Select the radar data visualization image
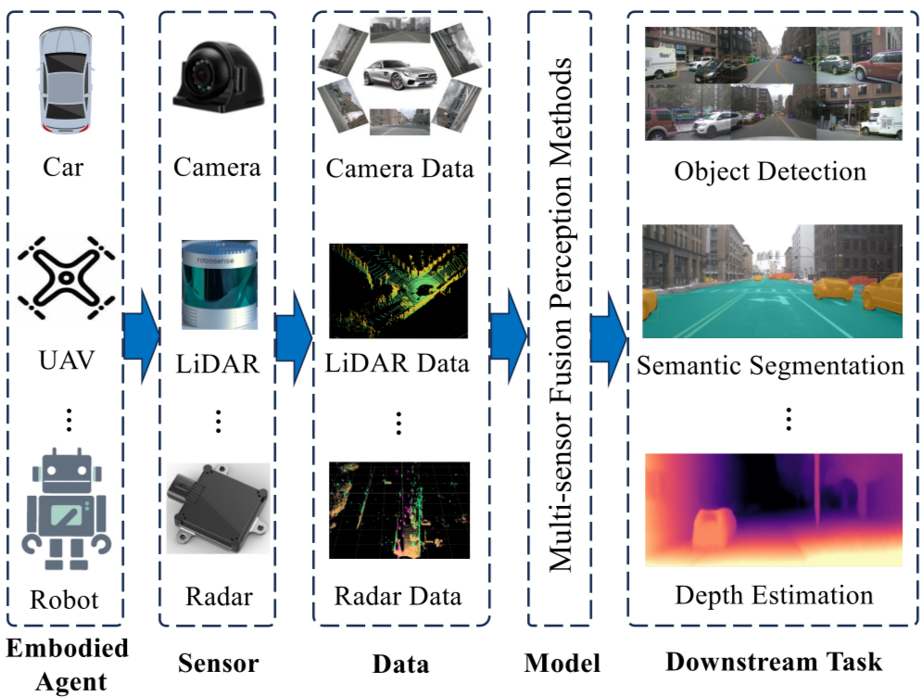pyautogui.click(x=398, y=511)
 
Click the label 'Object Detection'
pyautogui.click(x=770, y=171)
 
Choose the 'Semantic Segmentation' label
pyautogui.click(x=770, y=365)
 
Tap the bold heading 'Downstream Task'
pyautogui.click(x=774, y=662)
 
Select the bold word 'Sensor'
pyautogui.click(x=218, y=663)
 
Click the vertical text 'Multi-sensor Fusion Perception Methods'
pyautogui.click(x=561, y=316)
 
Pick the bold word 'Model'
pyautogui.click(x=561, y=663)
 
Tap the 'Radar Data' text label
pyautogui.click(x=398, y=594)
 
